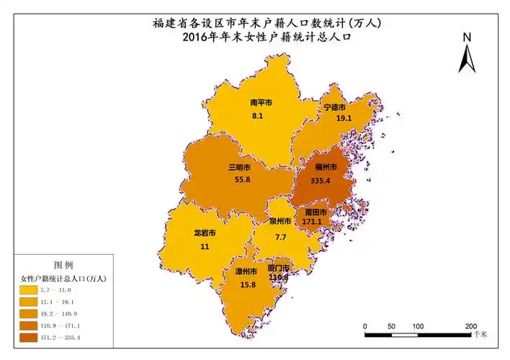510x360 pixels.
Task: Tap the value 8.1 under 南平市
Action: point(256,115)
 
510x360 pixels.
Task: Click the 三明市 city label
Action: point(241,167)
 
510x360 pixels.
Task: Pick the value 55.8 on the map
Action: point(241,179)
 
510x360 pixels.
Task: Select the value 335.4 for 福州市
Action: point(321,181)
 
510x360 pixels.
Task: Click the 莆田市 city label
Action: point(315,214)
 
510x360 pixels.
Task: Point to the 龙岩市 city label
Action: point(205,234)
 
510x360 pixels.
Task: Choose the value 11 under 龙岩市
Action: point(205,246)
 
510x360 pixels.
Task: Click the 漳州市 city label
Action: point(246,272)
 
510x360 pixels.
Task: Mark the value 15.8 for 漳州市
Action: point(247,284)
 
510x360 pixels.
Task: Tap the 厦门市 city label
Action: point(278,267)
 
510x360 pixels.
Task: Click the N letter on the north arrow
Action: point(467,37)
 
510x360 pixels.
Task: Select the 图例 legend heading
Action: point(63,265)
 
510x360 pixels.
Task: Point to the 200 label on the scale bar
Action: point(471,326)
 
